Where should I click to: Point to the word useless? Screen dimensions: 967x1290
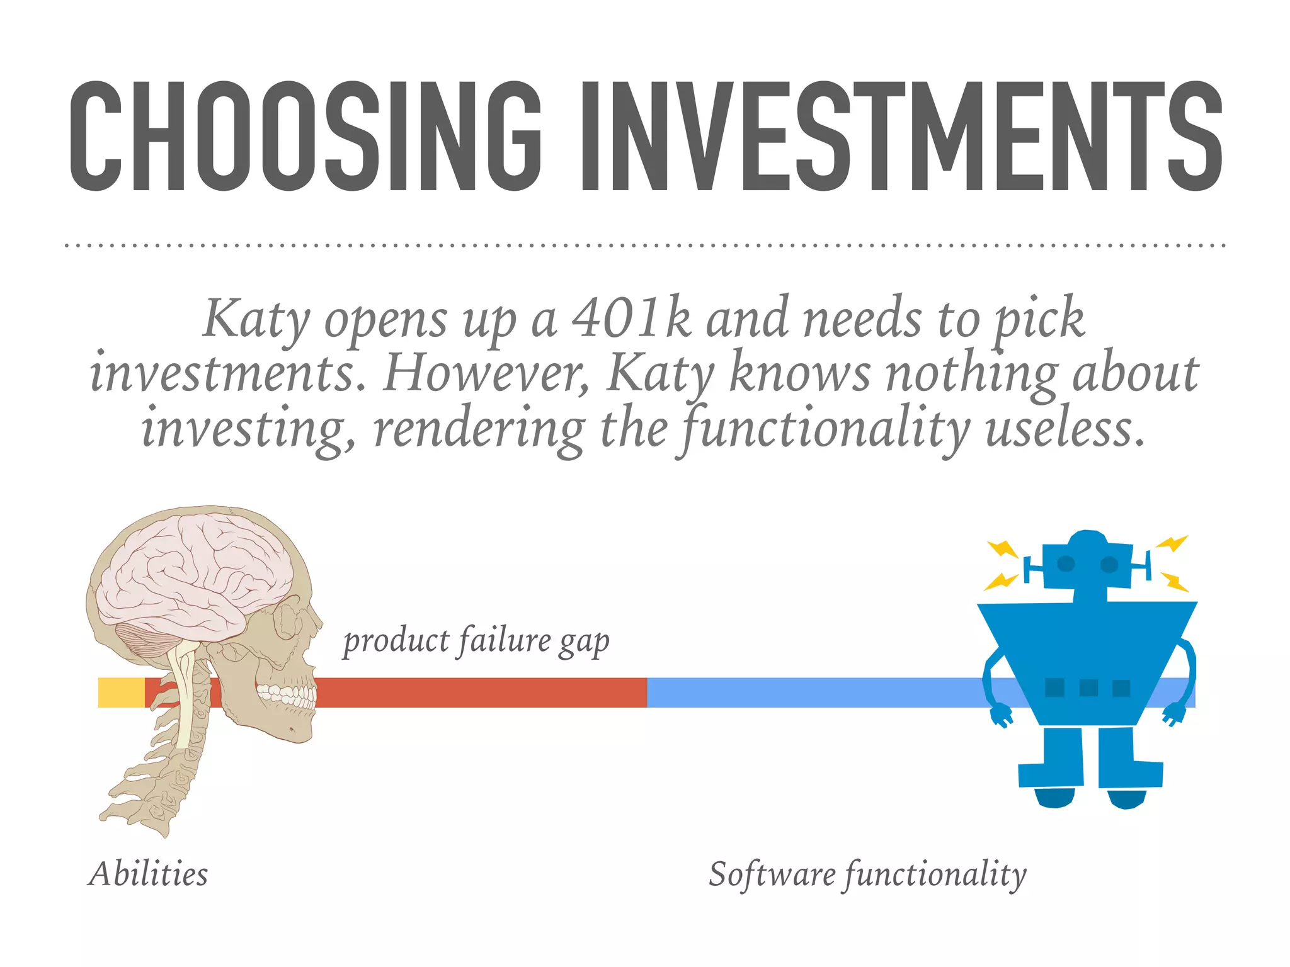[x=1065, y=429]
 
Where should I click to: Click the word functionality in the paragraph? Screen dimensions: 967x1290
[x=825, y=429]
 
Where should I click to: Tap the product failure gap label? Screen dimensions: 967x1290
[x=476, y=641]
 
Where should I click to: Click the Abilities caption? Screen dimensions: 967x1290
[x=149, y=874]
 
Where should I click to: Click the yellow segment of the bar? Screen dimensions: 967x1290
[x=121, y=693]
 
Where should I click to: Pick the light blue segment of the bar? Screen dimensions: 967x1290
[x=813, y=693]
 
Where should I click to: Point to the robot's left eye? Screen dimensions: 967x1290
[x=1066, y=563]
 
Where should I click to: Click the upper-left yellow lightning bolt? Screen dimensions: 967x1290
[x=1003, y=549]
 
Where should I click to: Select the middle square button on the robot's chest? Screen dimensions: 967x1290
[x=1088, y=687]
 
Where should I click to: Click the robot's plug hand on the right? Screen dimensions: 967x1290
[x=1173, y=715]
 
